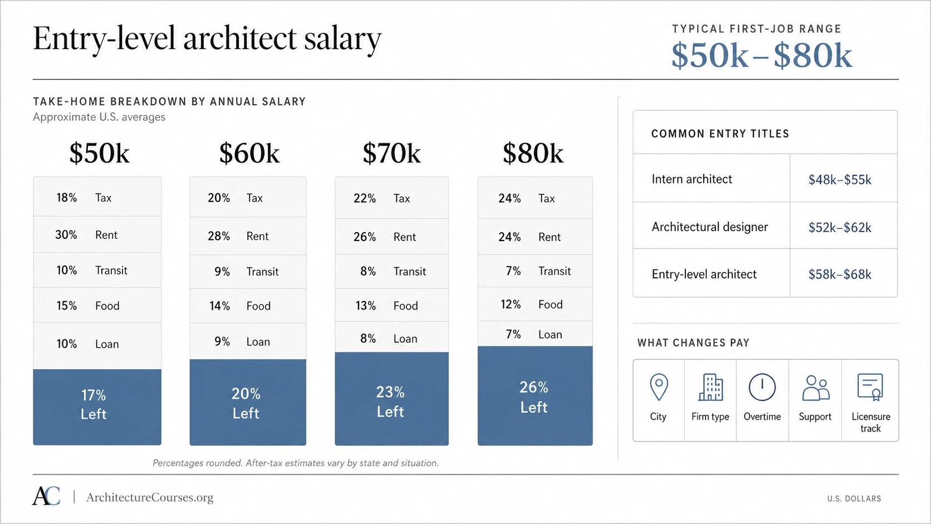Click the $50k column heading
(x=99, y=153)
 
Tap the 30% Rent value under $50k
(x=66, y=235)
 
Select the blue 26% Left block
(x=535, y=395)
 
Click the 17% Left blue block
(x=97, y=407)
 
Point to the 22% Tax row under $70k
(x=391, y=198)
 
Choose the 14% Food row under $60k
(x=248, y=306)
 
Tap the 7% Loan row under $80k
(x=535, y=334)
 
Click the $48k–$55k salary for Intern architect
(x=840, y=179)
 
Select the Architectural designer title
(x=709, y=227)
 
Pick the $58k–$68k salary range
(x=840, y=275)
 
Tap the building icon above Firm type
(x=710, y=387)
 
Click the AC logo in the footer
(x=46, y=496)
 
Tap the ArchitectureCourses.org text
(x=150, y=497)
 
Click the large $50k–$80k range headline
(x=762, y=55)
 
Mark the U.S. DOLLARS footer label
(x=854, y=498)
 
